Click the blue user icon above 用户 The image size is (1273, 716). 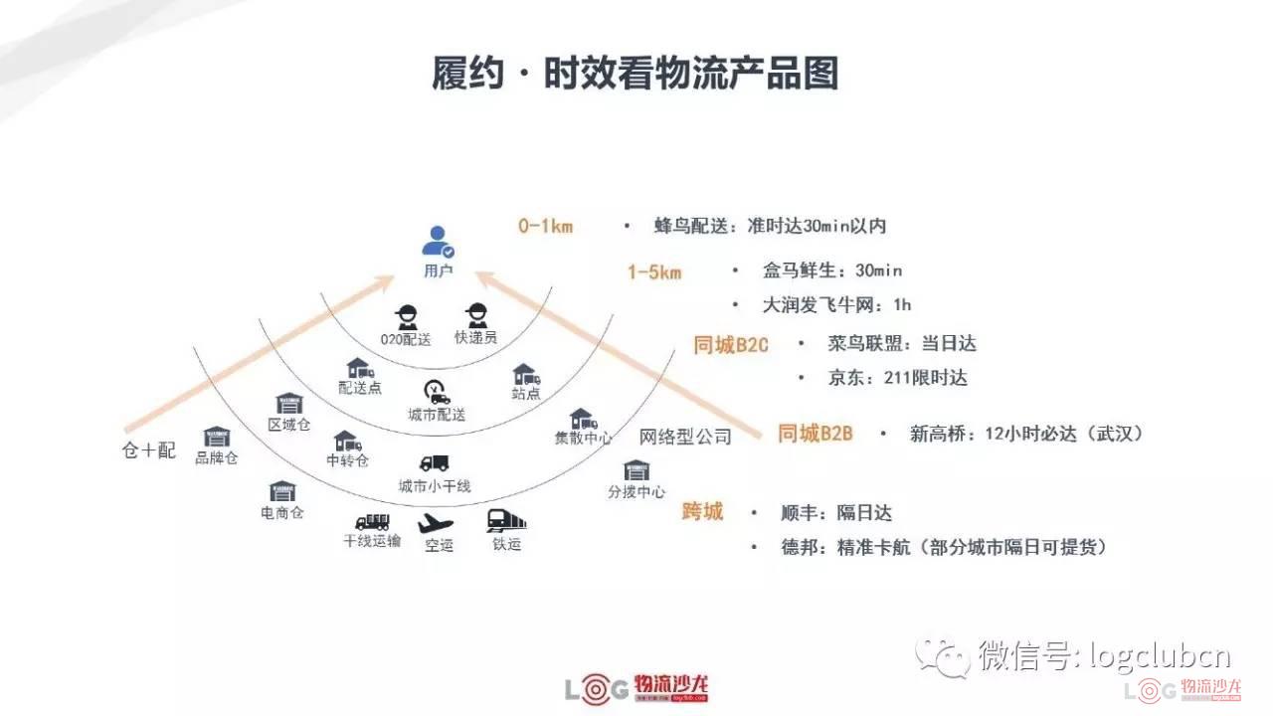click(438, 242)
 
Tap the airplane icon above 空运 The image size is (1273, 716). click(437, 522)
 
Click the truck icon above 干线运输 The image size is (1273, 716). click(372, 521)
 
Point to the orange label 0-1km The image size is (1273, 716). click(545, 226)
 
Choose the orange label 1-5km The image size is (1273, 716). click(653, 271)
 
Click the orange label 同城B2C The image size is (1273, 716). click(731, 345)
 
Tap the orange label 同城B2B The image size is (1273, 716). click(815, 434)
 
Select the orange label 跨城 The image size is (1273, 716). click(702, 512)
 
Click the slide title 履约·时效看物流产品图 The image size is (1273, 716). click(636, 74)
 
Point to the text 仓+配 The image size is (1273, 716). click(149, 450)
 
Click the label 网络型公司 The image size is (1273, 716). click(685, 437)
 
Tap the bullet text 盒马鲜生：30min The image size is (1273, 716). click(832, 270)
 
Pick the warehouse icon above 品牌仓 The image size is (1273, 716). click(217, 437)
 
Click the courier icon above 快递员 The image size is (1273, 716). click(476, 315)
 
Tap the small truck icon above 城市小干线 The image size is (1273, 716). click(435, 463)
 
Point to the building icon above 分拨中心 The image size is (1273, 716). click(636, 469)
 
